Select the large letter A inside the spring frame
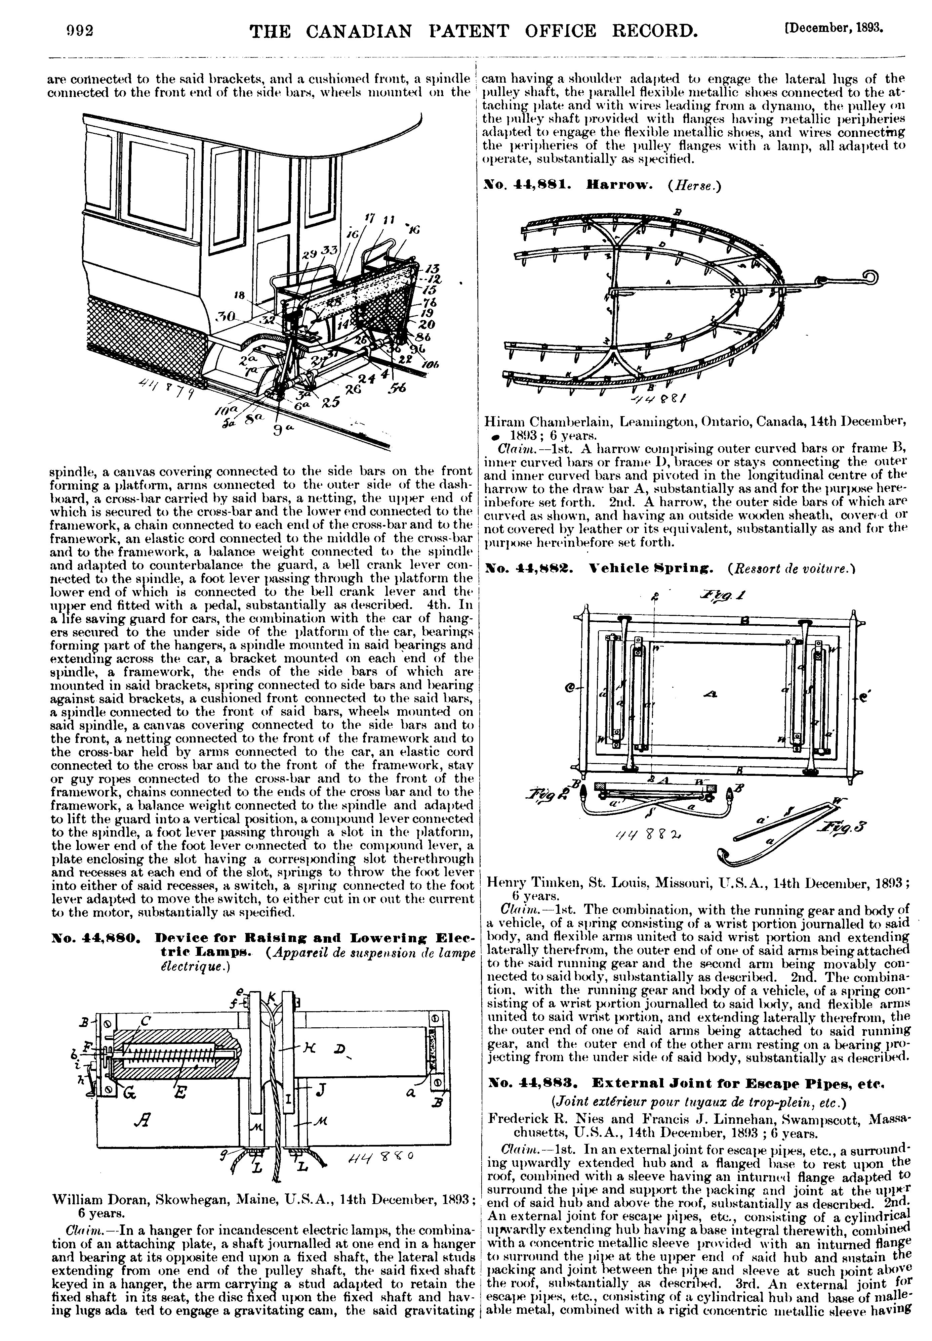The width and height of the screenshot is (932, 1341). [711, 695]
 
